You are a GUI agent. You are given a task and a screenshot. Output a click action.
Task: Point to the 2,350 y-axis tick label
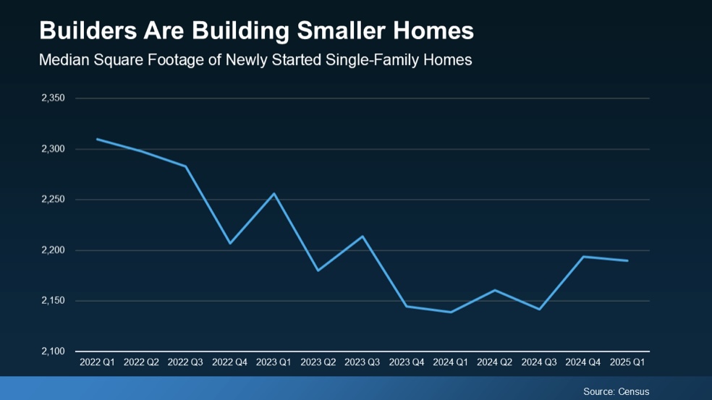(53, 98)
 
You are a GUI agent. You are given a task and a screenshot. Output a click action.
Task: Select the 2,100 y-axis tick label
(53, 352)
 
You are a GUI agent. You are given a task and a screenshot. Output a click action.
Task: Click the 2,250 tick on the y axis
(53, 200)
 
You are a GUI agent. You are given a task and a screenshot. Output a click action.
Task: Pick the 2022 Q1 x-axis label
(97, 362)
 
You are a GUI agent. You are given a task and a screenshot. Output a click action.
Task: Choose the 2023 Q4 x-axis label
(407, 362)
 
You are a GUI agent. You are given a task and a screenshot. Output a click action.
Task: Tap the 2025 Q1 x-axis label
(627, 362)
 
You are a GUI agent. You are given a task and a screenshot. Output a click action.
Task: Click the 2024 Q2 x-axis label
(495, 362)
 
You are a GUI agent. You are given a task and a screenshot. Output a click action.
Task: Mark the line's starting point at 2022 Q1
(97, 139)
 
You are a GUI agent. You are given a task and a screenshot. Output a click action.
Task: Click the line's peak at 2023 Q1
(274, 193)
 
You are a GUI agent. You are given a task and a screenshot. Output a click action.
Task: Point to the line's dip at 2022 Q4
(230, 243)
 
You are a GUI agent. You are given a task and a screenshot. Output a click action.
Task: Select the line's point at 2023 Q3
(363, 236)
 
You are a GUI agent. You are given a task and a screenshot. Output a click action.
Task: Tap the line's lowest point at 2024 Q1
(451, 312)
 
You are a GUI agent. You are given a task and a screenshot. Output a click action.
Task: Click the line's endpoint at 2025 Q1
(627, 260)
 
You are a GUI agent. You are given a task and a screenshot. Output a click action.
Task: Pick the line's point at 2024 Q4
(583, 256)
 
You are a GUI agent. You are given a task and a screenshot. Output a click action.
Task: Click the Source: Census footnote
(616, 391)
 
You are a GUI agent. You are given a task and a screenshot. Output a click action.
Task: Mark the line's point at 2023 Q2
(318, 271)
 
